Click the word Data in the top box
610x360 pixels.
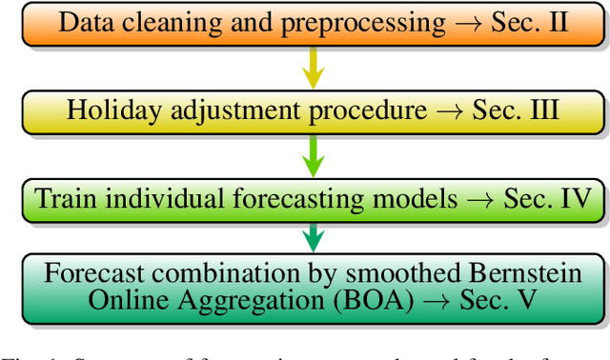pyautogui.click(x=84, y=23)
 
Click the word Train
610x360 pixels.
pyautogui.click(x=65, y=199)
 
